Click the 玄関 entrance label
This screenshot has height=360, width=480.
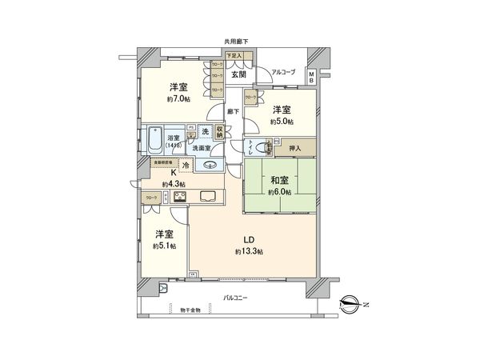(x=238, y=74)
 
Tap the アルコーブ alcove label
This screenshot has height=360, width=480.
(x=283, y=72)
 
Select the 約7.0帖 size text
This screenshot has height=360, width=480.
(x=178, y=100)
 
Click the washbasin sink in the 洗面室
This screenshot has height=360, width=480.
(x=211, y=166)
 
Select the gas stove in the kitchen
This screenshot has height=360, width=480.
(x=179, y=196)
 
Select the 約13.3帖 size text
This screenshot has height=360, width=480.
(x=250, y=251)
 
